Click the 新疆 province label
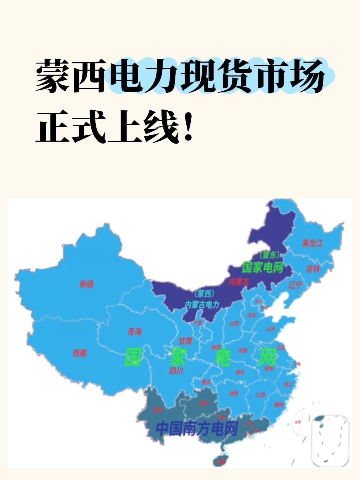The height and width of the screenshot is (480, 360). [86, 284]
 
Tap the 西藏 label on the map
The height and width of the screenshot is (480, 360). [80, 353]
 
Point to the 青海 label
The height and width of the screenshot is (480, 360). [135, 332]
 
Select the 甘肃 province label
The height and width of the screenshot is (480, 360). [185, 341]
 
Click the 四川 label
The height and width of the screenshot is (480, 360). [176, 371]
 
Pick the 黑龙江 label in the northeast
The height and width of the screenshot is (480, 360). [312, 243]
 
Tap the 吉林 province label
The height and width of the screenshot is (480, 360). [313, 269]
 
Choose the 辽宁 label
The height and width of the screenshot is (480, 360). [295, 285]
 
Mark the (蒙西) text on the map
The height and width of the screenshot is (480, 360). [204, 294]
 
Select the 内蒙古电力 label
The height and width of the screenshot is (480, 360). [202, 304]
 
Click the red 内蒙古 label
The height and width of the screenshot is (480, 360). [239, 282]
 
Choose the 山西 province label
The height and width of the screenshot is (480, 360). [234, 323]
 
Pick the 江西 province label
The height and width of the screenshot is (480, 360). [261, 395]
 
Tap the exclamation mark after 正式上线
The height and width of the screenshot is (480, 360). [189, 127]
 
